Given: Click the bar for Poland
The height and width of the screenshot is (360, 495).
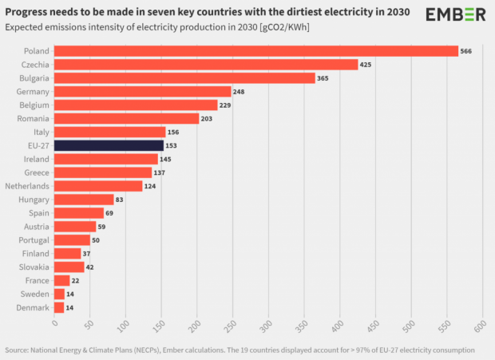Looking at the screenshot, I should [x=255, y=51].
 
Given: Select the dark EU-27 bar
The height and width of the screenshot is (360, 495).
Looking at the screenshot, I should [x=109, y=145].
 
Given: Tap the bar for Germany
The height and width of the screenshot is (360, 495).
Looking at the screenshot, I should [x=142, y=92].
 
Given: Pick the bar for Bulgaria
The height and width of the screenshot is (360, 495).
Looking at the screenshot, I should [x=184, y=78].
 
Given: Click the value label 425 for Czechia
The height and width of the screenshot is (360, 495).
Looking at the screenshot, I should [x=366, y=65].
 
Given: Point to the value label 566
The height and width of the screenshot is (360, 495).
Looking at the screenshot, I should [x=466, y=51].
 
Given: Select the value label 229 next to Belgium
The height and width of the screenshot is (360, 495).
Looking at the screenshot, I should [x=227, y=105].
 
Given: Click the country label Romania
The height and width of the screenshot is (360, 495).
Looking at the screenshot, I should [x=34, y=119].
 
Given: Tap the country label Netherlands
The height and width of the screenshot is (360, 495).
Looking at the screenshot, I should [x=27, y=186].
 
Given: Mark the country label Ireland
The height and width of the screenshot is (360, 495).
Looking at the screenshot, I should [x=36, y=159].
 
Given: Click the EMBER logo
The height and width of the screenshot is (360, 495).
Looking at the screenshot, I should [x=455, y=14].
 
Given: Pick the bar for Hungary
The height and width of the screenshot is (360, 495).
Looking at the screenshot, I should [x=84, y=200].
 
